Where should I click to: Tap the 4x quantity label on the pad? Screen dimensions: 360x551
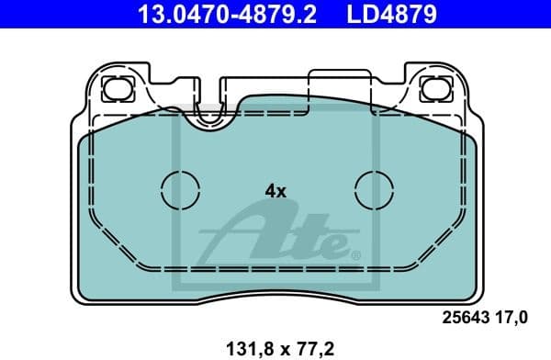point(275,191)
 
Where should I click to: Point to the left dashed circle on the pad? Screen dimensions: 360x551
point(181,191)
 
